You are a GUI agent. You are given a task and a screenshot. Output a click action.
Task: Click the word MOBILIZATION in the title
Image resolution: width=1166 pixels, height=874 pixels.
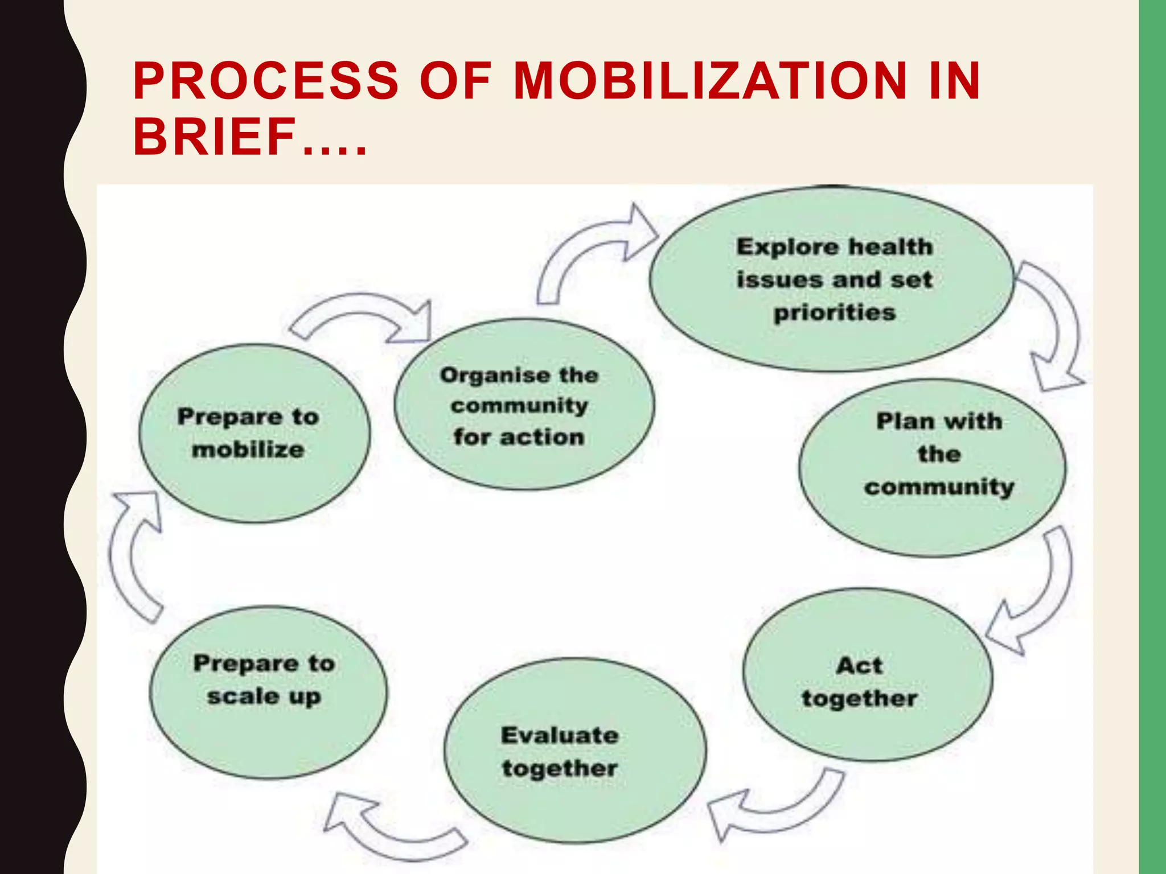[710, 81]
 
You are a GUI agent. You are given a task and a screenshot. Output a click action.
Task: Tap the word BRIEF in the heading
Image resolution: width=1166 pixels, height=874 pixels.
[215, 137]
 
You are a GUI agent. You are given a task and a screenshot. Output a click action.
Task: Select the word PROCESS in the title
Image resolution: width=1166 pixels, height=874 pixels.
[265, 81]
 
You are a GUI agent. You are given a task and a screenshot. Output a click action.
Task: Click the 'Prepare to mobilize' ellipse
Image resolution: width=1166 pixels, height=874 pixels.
[254, 434]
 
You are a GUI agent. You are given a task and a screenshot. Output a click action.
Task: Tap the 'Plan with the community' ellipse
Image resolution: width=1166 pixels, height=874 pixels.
[933, 468]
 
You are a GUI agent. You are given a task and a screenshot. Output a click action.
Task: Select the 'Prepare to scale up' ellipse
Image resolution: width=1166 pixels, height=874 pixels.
[268, 691]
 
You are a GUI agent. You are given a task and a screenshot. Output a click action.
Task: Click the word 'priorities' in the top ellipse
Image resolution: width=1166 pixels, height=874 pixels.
[835, 313]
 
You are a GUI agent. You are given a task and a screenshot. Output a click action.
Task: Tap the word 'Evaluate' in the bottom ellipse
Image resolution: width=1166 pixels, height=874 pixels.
[560, 735]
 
